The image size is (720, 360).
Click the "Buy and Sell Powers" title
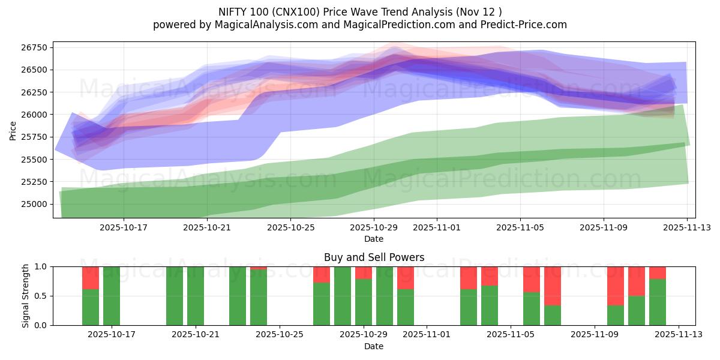point(374,257)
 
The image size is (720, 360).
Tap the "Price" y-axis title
point(13,130)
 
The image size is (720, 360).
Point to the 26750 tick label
point(35,47)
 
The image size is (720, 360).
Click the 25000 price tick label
point(35,204)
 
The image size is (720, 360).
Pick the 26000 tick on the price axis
point(35,115)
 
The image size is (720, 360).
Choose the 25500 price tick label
point(35,160)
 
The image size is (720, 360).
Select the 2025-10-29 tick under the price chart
point(374,227)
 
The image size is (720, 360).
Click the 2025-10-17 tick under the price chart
point(124,227)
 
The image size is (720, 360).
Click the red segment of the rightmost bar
point(658,272)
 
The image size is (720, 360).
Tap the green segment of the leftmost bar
point(91,307)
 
